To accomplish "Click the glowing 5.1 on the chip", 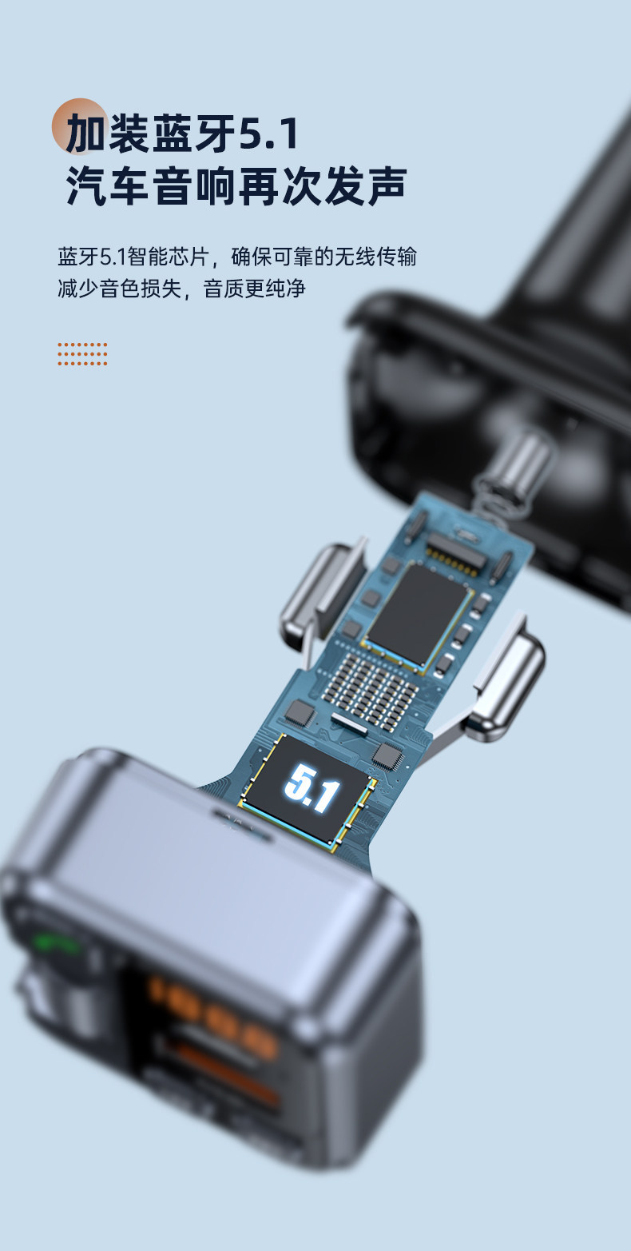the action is [x=312, y=788].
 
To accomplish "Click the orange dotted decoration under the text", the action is [x=82, y=354].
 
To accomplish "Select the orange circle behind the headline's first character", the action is [x=79, y=126].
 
